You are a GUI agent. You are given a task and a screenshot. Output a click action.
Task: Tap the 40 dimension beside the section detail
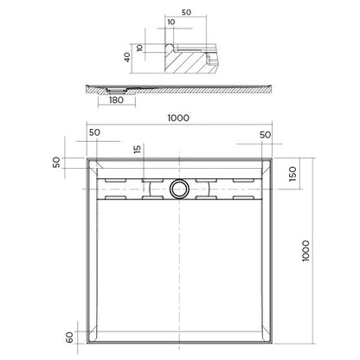[x=125, y=59]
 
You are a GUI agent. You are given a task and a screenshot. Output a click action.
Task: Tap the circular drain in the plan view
[x=180, y=186]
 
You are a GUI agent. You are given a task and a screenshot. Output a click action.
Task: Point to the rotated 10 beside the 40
[x=138, y=48]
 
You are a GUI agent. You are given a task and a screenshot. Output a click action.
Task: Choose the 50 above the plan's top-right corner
[x=265, y=135]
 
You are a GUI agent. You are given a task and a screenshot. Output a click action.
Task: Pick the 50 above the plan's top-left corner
[x=94, y=135]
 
